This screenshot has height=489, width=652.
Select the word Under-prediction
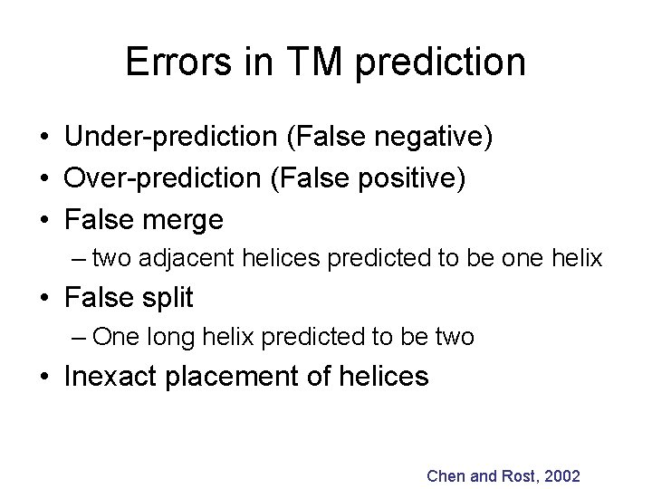click(168, 139)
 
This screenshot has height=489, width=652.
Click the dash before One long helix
click(80, 337)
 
